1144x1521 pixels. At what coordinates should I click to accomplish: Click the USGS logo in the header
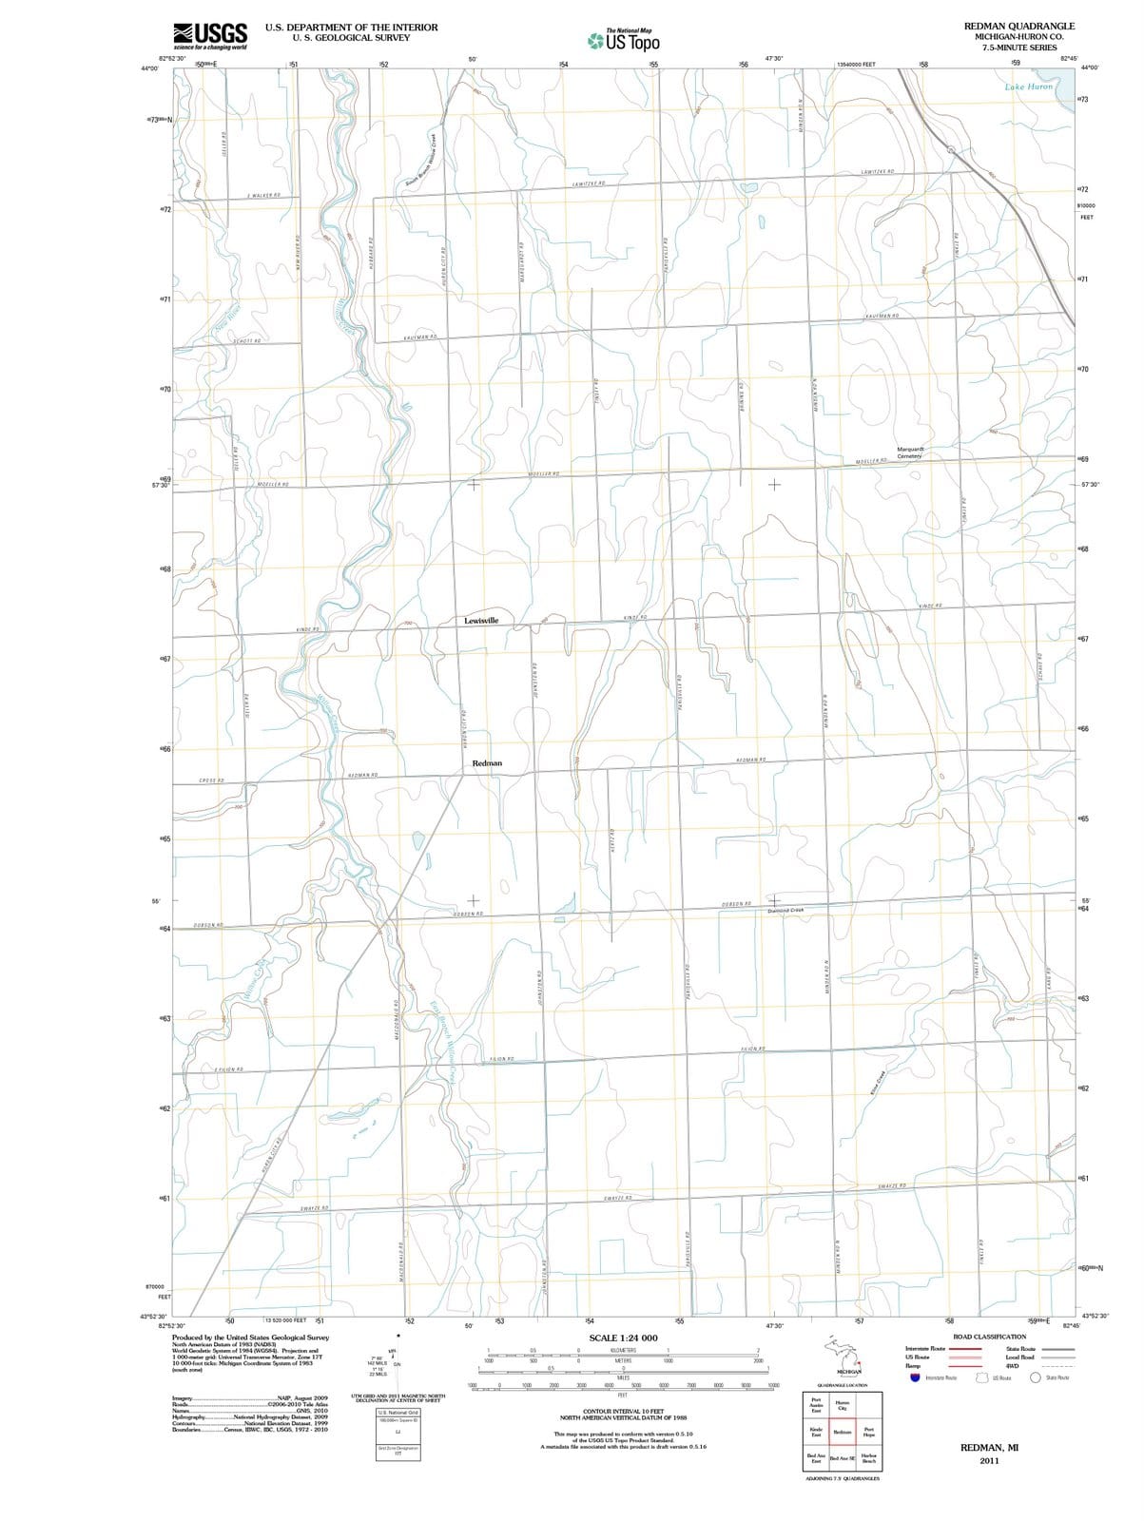click(210, 35)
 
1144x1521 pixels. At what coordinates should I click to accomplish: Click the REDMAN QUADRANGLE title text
click(1019, 27)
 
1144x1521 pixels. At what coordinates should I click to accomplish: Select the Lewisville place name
click(488, 621)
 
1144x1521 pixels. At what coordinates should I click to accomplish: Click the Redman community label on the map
click(487, 763)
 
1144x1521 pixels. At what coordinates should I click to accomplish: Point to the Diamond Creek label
click(785, 910)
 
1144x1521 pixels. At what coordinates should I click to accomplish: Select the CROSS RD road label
click(211, 780)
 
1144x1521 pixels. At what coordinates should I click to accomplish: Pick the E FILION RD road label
click(228, 1070)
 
